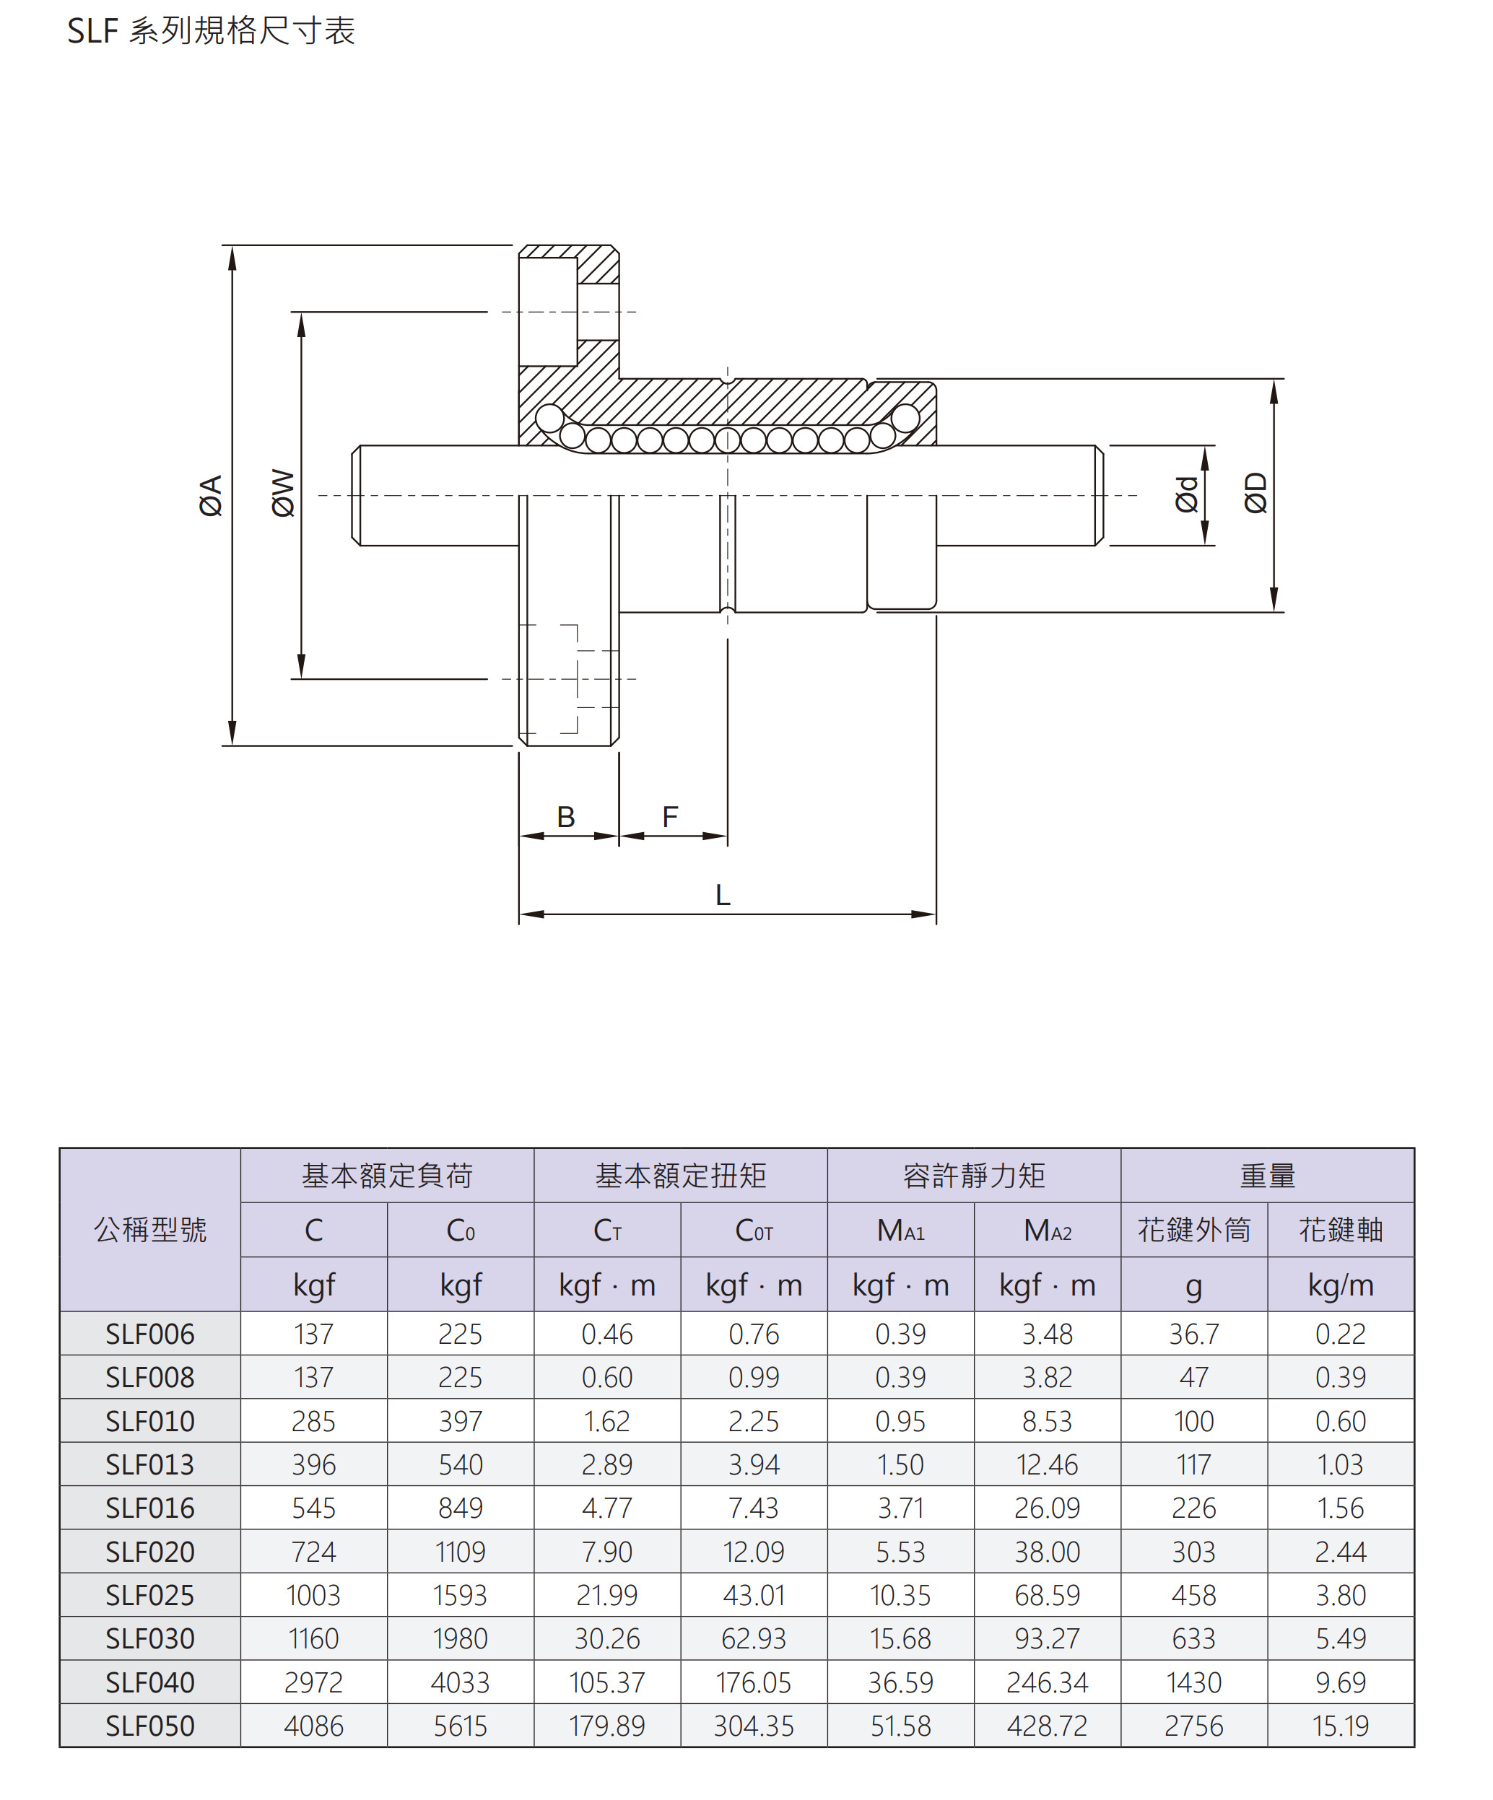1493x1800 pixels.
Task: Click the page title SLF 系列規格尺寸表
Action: point(211,32)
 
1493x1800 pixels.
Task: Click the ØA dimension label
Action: point(211,495)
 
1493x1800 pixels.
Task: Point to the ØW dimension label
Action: point(283,493)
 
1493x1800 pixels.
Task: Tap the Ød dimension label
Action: point(1186,494)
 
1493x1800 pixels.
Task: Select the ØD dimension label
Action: point(1255,493)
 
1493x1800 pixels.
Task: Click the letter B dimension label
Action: point(566,817)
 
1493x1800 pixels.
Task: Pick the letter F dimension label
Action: point(670,817)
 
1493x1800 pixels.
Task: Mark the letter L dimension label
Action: point(723,896)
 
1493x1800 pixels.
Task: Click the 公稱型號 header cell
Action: point(150,1230)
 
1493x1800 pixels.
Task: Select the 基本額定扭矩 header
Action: point(680,1175)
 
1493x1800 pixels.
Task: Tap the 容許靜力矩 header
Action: point(973,1175)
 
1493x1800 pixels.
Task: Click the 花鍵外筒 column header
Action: point(1193,1230)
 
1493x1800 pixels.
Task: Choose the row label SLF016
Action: point(150,1508)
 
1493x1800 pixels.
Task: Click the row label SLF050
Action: point(150,1726)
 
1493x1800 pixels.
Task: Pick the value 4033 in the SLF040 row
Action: point(461,1682)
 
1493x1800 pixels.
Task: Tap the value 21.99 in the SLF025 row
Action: point(607,1595)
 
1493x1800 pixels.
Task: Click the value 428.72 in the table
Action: point(1047,1726)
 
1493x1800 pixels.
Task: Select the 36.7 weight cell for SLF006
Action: point(1193,1334)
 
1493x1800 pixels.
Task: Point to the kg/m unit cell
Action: point(1341,1285)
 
